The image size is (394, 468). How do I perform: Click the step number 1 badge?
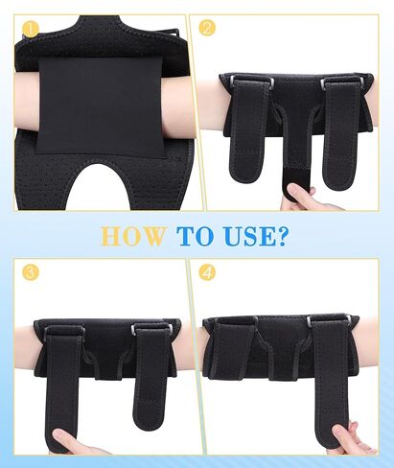(31, 30)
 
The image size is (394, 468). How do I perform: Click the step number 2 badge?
(207, 28)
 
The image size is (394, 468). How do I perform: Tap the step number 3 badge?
(31, 272)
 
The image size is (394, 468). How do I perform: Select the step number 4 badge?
(207, 272)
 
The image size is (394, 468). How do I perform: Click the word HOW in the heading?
(133, 236)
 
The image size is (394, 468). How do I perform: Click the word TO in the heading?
(195, 236)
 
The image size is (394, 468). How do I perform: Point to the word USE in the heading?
(249, 236)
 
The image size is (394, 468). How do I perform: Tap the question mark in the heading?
(282, 236)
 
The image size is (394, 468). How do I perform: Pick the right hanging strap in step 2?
(341, 134)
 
